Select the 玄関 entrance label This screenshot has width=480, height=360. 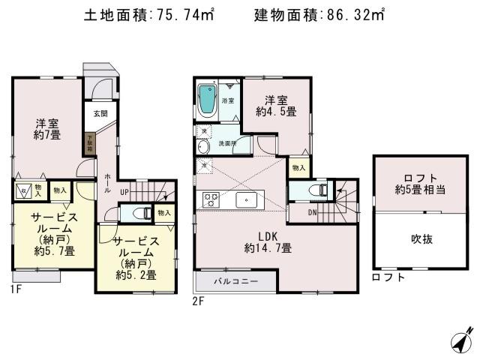coord(100,114)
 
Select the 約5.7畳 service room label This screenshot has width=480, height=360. coord(42,234)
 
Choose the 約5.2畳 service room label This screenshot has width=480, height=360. coord(135,257)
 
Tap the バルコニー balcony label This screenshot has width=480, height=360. coord(236,282)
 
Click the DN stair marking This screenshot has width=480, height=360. coord(311,213)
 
